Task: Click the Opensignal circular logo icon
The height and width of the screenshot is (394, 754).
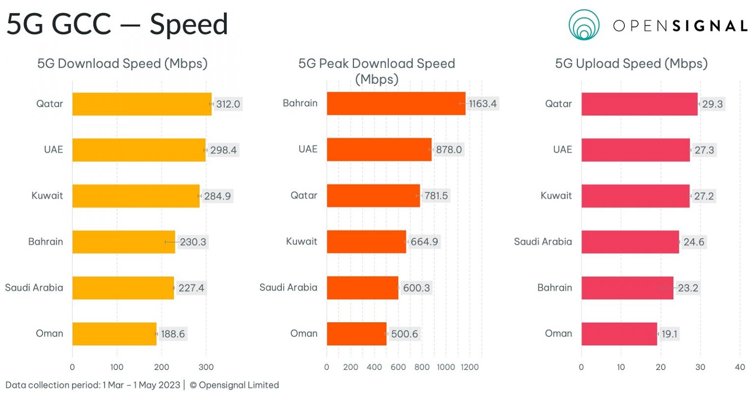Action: [584, 25]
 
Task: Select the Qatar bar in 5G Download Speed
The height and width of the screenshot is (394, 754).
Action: [142, 104]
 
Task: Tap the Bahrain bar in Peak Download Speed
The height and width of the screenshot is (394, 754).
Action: [396, 104]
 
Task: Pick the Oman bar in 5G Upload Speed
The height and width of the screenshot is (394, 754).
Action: [619, 334]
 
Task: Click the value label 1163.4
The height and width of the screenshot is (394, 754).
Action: [483, 104]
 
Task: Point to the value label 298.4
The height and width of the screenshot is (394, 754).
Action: [223, 150]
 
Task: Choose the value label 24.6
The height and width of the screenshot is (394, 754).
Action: [694, 242]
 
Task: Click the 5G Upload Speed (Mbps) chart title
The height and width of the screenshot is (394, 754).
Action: [631, 64]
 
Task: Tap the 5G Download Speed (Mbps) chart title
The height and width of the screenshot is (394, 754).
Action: [122, 64]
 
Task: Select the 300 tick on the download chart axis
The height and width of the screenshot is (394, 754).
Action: [206, 367]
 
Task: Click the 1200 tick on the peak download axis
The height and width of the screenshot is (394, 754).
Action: [469, 367]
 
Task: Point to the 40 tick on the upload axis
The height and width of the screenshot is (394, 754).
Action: [740, 367]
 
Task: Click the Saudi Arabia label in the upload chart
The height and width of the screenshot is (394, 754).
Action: [542, 242]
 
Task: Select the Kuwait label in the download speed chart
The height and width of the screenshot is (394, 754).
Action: [47, 196]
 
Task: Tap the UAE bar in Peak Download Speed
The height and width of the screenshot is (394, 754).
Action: [379, 150]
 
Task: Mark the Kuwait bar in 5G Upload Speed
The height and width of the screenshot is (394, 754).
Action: [635, 196]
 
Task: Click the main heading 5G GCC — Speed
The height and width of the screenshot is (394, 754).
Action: [117, 25]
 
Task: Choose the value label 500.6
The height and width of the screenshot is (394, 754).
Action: [404, 334]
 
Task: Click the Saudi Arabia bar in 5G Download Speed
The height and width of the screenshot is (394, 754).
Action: [123, 288]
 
